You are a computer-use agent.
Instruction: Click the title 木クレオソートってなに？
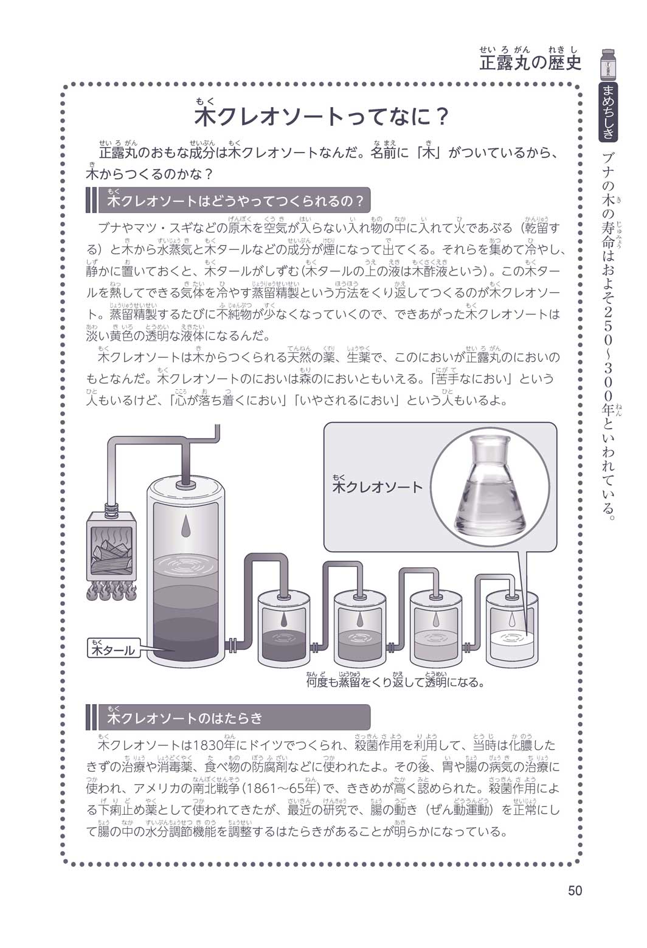[321, 117]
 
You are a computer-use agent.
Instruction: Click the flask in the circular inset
[490, 487]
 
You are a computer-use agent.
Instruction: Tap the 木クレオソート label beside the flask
[378, 487]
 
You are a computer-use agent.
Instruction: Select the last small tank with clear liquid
[512, 629]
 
